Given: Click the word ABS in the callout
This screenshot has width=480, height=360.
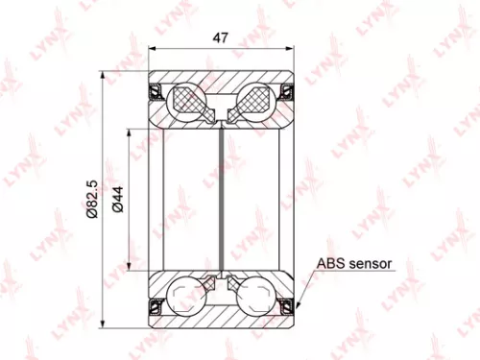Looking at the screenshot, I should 329,262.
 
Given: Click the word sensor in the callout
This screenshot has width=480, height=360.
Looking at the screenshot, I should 369,262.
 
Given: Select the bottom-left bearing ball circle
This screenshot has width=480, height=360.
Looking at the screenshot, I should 187,293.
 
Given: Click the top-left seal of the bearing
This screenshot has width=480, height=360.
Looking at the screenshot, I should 154,92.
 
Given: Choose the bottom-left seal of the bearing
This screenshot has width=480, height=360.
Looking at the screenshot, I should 154,304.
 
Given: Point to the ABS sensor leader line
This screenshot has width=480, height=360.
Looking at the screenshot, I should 305,284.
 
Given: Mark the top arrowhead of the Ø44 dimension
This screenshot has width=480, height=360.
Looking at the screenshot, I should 126,130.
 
